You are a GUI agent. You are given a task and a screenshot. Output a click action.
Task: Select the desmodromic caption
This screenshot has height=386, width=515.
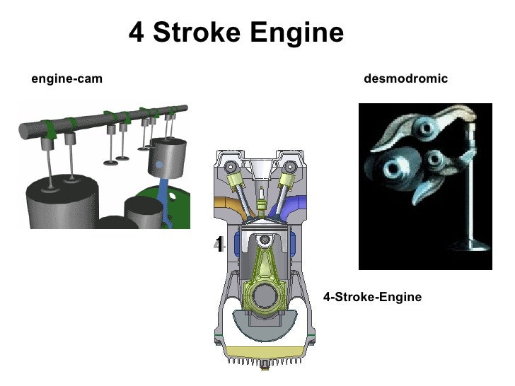click(x=405, y=79)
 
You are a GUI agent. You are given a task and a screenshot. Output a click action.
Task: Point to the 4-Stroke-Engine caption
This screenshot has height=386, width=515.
click(x=372, y=298)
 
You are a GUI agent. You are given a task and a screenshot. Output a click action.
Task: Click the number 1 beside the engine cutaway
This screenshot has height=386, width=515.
click(x=219, y=245)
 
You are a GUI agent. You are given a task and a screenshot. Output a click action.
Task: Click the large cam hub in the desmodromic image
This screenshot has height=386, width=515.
click(x=390, y=169)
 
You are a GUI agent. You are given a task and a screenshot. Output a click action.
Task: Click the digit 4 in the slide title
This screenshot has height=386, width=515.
click(x=137, y=33)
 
